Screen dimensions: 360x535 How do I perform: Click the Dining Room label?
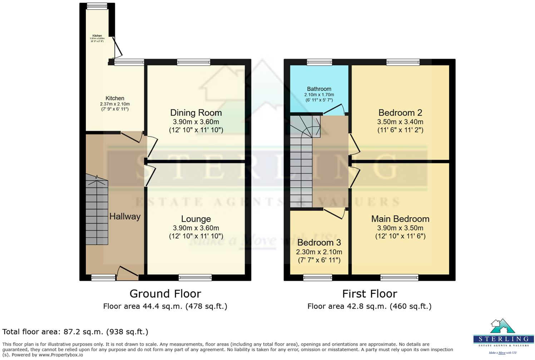pos(196,113)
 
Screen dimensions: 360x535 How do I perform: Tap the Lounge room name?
pos(196,219)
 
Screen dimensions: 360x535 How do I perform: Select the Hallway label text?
pos(125,216)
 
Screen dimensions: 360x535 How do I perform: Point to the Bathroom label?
pos(319,89)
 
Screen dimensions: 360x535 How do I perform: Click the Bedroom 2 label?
pos(400,113)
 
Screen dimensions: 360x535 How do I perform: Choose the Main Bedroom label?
pos(400,219)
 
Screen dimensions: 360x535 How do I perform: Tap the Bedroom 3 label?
pos(319,243)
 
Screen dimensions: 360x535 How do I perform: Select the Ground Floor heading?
pos(165,294)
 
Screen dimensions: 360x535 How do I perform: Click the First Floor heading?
pos(370,294)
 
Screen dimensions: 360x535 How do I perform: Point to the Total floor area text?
pos(75,332)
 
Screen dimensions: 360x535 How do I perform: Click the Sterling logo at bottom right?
pos(503,336)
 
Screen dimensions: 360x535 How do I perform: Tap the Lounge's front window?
pos(195,277)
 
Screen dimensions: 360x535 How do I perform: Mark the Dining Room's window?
pos(193,62)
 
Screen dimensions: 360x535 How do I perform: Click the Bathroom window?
pos(319,62)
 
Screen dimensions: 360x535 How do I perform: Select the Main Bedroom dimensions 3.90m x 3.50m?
pos(400,228)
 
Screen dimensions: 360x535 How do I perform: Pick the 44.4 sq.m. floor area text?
pos(165,306)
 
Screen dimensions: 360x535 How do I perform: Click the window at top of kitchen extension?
pos(97,6)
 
